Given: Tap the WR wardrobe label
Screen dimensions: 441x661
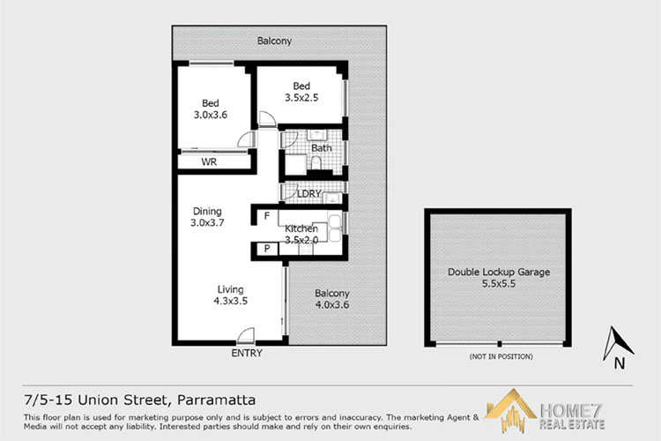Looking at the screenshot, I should click(x=209, y=162).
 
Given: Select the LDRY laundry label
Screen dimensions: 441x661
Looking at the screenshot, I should click(x=308, y=194).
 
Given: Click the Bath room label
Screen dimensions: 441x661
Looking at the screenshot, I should click(x=321, y=148).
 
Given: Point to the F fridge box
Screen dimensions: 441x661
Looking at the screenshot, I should click(x=265, y=215).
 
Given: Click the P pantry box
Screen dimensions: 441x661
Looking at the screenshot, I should click(x=265, y=250).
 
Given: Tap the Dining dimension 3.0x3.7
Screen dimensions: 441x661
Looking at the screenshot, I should click(x=206, y=224).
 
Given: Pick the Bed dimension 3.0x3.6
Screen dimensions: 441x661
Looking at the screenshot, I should click(x=211, y=115).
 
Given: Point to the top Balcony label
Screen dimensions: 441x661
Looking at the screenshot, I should click(x=274, y=41).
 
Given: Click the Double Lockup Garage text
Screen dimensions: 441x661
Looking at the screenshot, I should click(x=498, y=273).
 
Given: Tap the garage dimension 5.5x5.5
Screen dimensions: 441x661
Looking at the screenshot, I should click(x=498, y=285).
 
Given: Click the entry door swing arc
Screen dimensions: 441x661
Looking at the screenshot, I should click(x=247, y=334).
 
